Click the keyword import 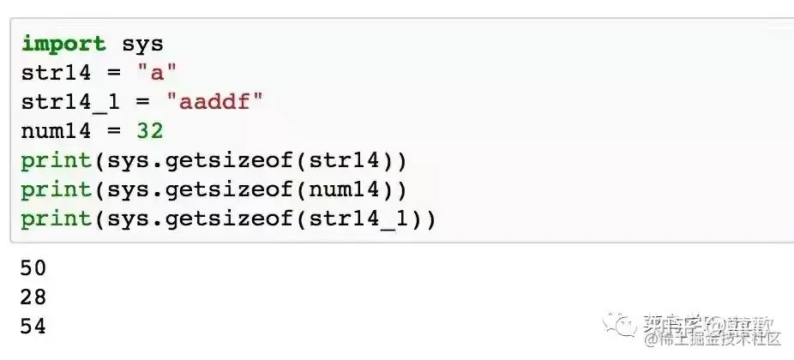point(63,44)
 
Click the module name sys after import point(142,44)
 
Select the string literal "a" point(157,73)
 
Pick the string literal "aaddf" point(214,102)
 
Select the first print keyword point(56,160)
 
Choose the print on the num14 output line point(56,189)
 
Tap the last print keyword point(56,219)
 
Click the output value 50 point(33,268)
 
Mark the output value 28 point(33,297)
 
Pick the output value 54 point(33,327)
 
